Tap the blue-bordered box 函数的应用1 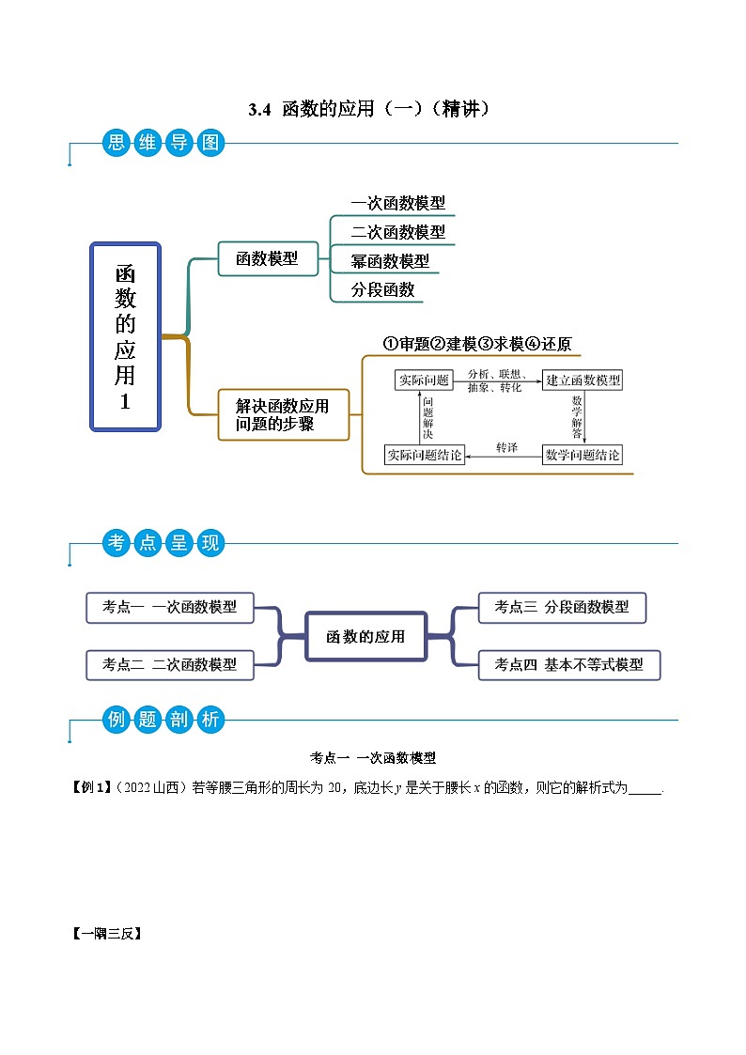pos(126,336)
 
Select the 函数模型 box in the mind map pos(268,258)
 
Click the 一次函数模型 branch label pos(397,203)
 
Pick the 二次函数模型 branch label pos(397,232)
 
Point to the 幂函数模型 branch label pos(390,261)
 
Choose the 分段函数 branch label pos(382,289)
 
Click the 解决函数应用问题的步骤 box pos(283,414)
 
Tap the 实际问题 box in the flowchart pos(424,380)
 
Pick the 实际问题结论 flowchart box pos(425,456)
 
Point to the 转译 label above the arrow pos(506,447)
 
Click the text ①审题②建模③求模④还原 pos(476,344)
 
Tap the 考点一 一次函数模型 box pos(170,607)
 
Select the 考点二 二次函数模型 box pos(170,664)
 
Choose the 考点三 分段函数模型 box pos(562,607)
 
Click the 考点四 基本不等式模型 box pos(568,664)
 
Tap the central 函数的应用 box pos(365,636)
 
